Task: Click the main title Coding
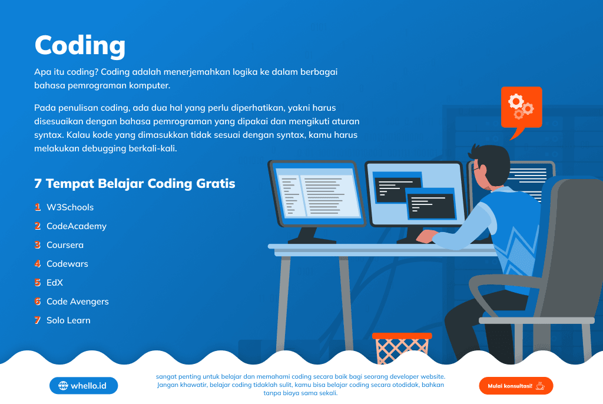click(x=80, y=46)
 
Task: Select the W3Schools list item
click(x=70, y=207)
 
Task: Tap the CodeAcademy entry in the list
click(x=77, y=226)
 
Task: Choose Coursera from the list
click(x=65, y=245)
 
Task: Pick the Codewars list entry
click(x=67, y=264)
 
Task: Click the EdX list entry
click(x=55, y=283)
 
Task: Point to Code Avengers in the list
click(x=78, y=302)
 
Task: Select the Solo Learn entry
click(x=68, y=320)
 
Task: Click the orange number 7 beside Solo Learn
click(x=37, y=320)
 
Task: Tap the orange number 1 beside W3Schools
click(x=37, y=207)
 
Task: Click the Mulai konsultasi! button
click(x=516, y=386)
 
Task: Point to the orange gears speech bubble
click(x=522, y=108)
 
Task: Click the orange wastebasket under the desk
click(x=402, y=348)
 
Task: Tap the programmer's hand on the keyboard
click(x=427, y=236)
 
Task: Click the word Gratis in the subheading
click(x=216, y=184)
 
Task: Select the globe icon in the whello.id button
click(x=63, y=386)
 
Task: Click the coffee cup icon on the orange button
click(x=541, y=386)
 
